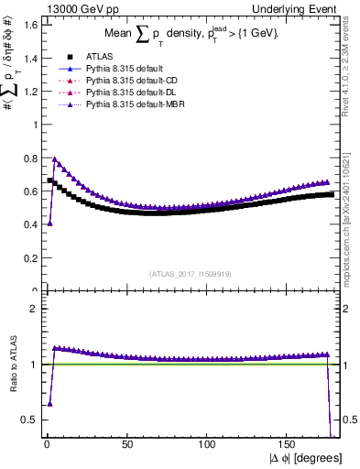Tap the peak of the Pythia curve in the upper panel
pyautogui.click(x=55, y=159)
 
